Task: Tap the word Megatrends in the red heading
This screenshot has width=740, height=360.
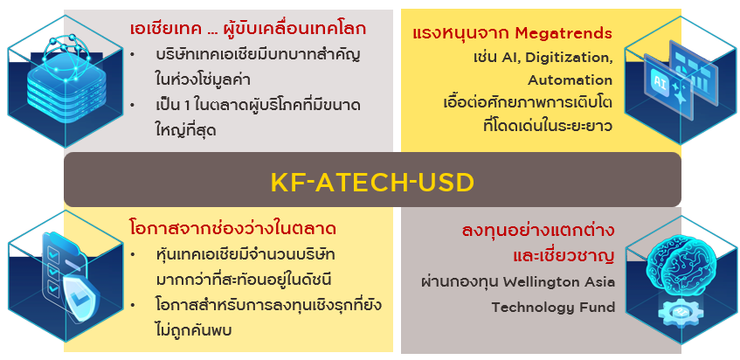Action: pyautogui.click(x=564, y=33)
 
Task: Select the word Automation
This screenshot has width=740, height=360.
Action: pyautogui.click(x=571, y=80)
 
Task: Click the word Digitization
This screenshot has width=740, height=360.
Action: pyautogui.click(x=569, y=58)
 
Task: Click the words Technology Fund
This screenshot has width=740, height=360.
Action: pyautogui.click(x=553, y=308)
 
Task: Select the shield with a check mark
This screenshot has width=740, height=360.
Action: pyautogui.click(x=80, y=296)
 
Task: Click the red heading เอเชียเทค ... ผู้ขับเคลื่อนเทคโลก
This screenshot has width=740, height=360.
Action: pyautogui.click(x=248, y=29)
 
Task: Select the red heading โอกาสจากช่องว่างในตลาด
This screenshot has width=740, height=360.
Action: pyautogui.click(x=232, y=229)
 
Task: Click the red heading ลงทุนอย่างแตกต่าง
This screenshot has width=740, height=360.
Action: pyautogui.click(x=537, y=232)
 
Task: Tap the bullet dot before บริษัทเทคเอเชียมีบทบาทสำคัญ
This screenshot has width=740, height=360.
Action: pyautogui.click(x=133, y=55)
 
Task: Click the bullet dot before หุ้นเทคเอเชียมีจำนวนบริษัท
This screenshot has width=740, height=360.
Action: pyautogui.click(x=134, y=255)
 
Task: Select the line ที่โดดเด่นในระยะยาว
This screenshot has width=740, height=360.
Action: pyautogui.click(x=548, y=127)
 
